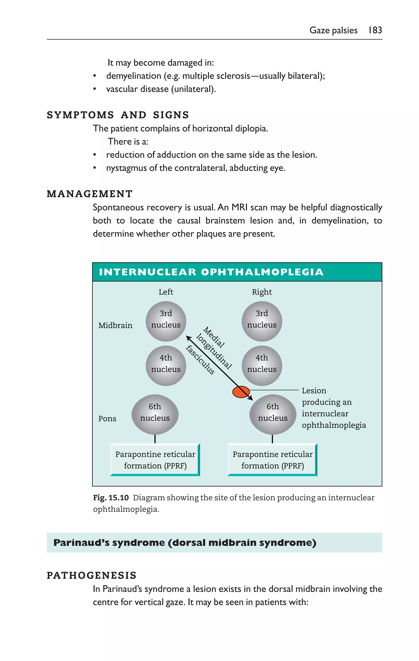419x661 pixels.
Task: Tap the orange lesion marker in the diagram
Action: click(x=241, y=392)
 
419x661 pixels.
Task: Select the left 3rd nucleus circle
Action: click(x=166, y=321)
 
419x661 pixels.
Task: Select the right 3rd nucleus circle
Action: click(x=262, y=321)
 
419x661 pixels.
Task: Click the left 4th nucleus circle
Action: click(x=166, y=365)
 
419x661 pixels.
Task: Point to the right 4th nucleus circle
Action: click(x=262, y=365)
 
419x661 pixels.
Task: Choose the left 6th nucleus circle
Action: click(x=155, y=414)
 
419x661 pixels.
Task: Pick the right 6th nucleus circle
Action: click(x=273, y=414)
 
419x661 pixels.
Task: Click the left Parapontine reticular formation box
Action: click(x=155, y=460)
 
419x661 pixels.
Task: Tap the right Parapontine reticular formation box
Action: click(x=273, y=460)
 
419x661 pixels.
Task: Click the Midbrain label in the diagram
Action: click(x=115, y=325)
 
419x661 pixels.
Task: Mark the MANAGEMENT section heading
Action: click(x=90, y=194)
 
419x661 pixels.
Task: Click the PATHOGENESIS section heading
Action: click(x=91, y=575)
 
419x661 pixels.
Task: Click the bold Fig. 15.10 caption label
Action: click(x=111, y=497)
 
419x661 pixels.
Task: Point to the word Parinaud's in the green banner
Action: click(x=81, y=543)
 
